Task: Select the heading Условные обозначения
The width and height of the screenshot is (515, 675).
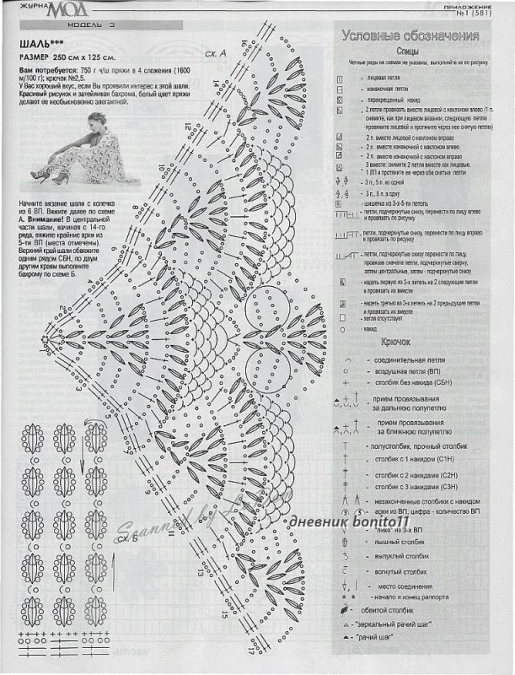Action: click(x=410, y=36)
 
